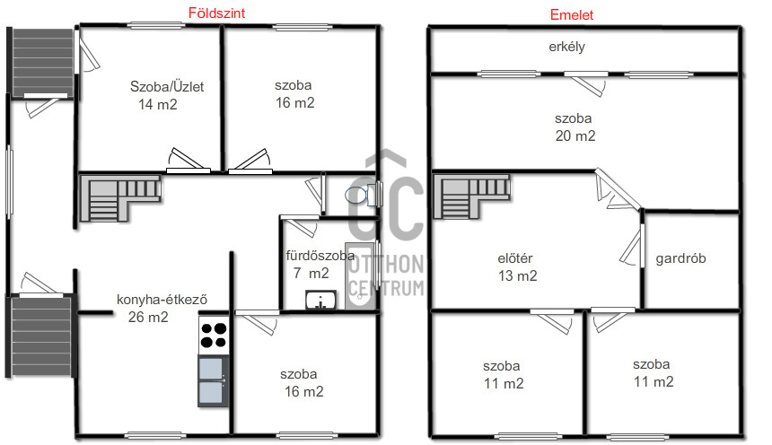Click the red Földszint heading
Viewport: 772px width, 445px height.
click(x=216, y=13)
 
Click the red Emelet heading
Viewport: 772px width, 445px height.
click(x=571, y=14)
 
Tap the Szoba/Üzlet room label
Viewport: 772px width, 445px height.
click(x=167, y=87)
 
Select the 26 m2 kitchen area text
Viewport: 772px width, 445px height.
click(x=148, y=317)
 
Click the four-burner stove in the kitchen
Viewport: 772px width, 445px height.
click(x=213, y=335)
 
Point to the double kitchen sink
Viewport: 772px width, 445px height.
click(x=213, y=380)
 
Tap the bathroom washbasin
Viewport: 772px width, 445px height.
click(x=320, y=301)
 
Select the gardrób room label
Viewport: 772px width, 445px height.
click(x=680, y=258)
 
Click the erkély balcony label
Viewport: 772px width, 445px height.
click(x=566, y=47)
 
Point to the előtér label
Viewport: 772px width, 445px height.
click(x=516, y=259)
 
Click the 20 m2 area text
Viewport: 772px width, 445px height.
click(x=575, y=136)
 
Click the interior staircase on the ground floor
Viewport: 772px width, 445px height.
click(x=121, y=196)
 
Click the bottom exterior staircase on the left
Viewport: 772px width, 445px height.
click(x=39, y=337)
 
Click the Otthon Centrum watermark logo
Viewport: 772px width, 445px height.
click(x=386, y=224)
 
